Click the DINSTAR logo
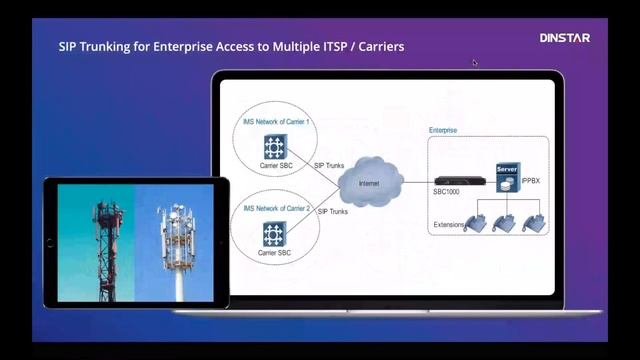click(565, 38)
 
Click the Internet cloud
click(370, 183)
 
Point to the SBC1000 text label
click(447, 191)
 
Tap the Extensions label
click(449, 225)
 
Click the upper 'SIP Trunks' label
click(329, 164)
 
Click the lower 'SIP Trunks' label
click(333, 212)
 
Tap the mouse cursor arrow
click(475, 63)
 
